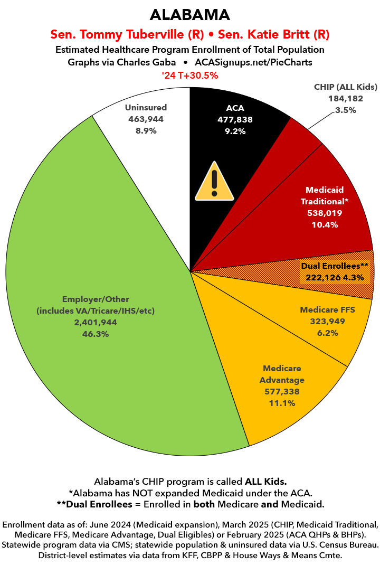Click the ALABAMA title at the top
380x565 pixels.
(189, 14)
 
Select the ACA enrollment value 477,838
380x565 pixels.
(235, 120)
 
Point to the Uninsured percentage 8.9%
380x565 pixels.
(146, 131)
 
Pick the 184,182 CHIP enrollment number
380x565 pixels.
(346, 99)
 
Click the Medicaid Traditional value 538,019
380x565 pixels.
(325, 213)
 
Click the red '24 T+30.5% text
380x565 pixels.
(189, 76)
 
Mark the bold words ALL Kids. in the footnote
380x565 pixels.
(265, 482)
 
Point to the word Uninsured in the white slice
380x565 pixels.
(146, 108)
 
